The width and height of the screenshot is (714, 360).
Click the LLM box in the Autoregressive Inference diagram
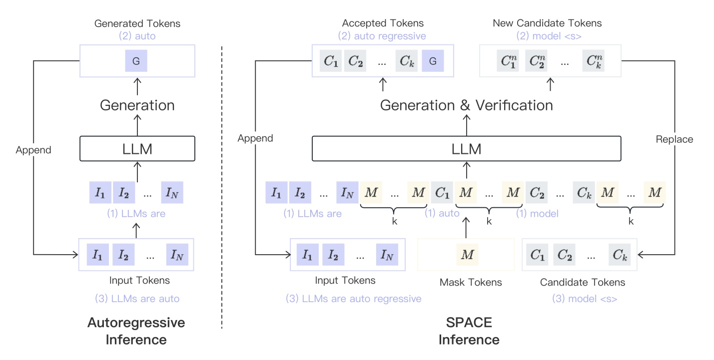137,149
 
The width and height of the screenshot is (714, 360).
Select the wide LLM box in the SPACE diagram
466,148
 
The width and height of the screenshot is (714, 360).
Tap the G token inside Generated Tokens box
136,61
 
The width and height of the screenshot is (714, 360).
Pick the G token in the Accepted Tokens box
433,61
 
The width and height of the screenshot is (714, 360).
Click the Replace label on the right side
674,139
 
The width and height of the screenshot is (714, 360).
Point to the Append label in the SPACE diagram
255,138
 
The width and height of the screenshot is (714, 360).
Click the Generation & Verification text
466,105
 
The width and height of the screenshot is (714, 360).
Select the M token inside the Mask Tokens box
467,255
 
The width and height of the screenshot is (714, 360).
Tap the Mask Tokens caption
471,283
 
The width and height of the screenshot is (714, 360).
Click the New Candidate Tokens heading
547,23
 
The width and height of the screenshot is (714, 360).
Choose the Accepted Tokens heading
383,23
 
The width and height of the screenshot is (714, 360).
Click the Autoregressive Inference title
136,331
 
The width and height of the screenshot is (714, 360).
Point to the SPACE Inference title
469,331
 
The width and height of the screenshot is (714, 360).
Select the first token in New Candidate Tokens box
509,61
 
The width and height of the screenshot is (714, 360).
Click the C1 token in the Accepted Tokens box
330,61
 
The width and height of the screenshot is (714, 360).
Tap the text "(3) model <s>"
584,299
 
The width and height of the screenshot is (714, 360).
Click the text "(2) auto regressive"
382,36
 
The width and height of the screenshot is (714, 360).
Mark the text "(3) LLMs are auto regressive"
353,299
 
